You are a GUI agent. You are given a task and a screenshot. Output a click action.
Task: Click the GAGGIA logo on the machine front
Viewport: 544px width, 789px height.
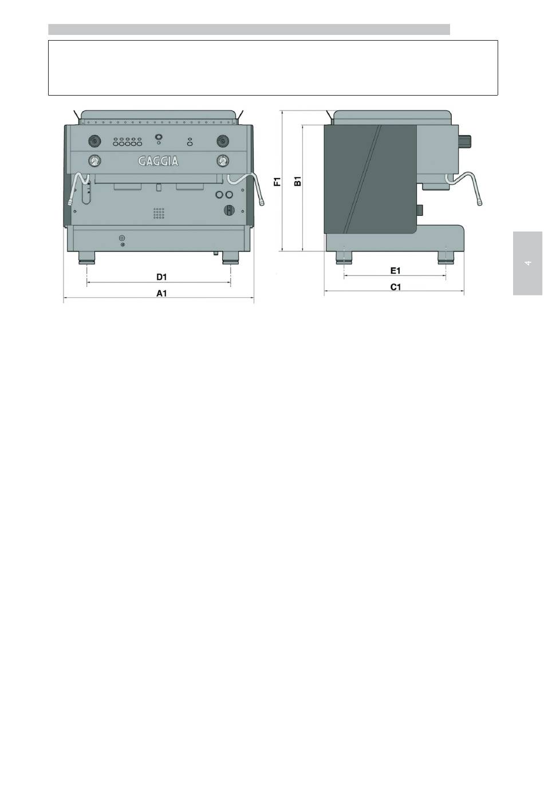pos(158,161)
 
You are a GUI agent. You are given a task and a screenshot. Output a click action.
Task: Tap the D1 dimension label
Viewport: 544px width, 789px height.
pos(161,277)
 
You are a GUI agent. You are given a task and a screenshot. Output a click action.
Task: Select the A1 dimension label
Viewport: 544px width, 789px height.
pos(161,293)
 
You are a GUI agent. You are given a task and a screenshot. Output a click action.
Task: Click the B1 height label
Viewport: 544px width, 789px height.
pos(298,182)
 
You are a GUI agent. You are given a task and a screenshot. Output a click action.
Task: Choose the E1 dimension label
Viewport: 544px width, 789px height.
pos(395,270)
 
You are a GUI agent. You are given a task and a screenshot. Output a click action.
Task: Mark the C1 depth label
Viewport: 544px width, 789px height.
pos(396,287)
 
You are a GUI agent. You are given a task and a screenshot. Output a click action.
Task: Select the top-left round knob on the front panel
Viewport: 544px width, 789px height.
pos(94,141)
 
